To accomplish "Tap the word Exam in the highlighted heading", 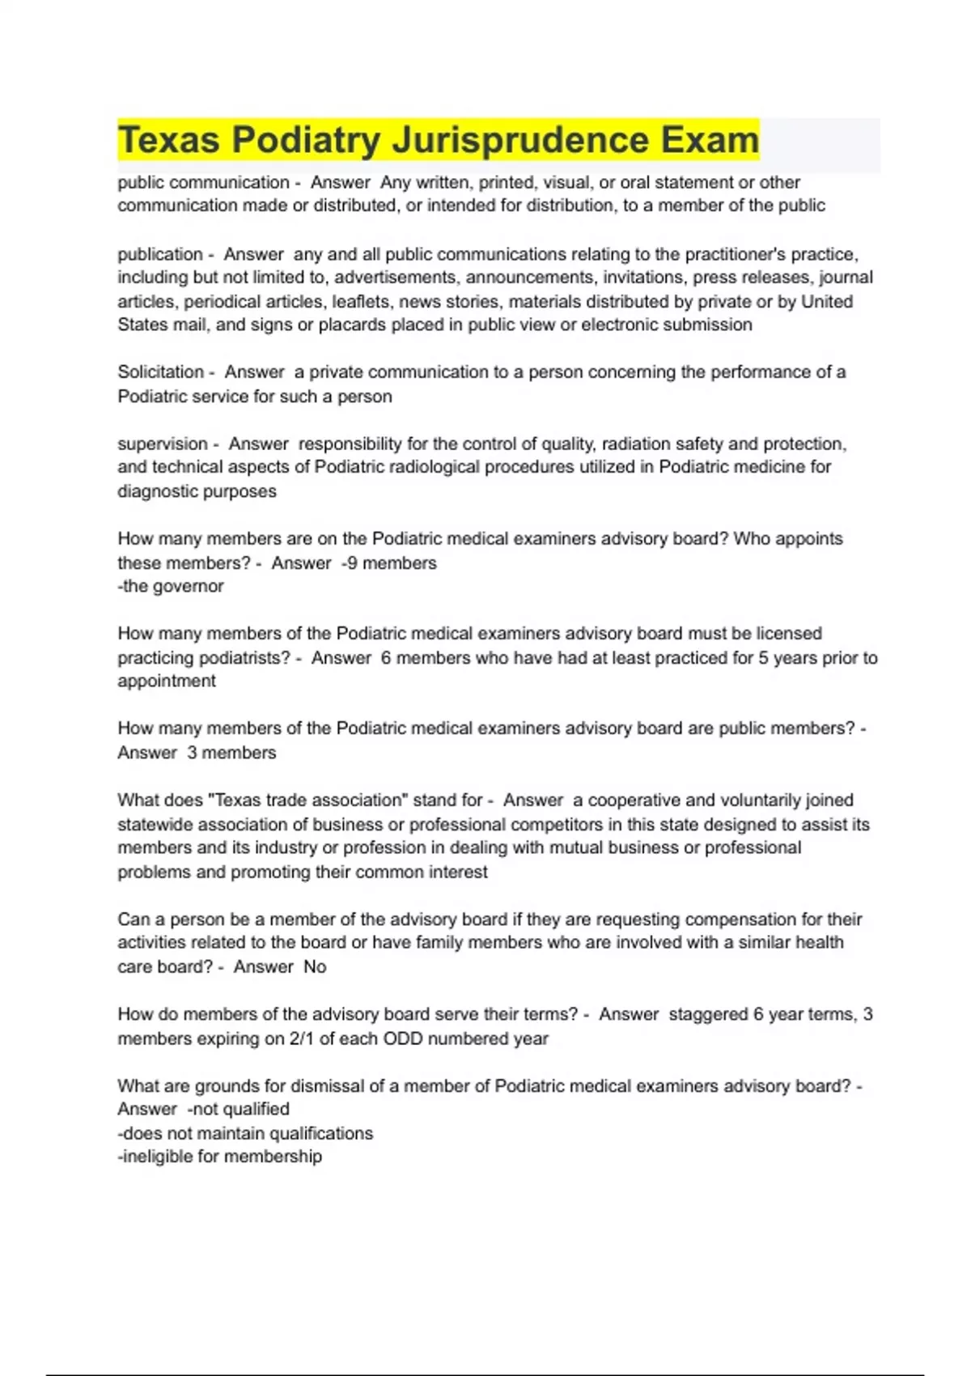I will pyautogui.click(x=709, y=140).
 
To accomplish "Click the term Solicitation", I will pyautogui.click(x=160, y=372).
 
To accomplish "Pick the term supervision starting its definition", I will pyautogui.click(x=163, y=444).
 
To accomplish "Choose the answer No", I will pyautogui.click(x=315, y=966).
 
